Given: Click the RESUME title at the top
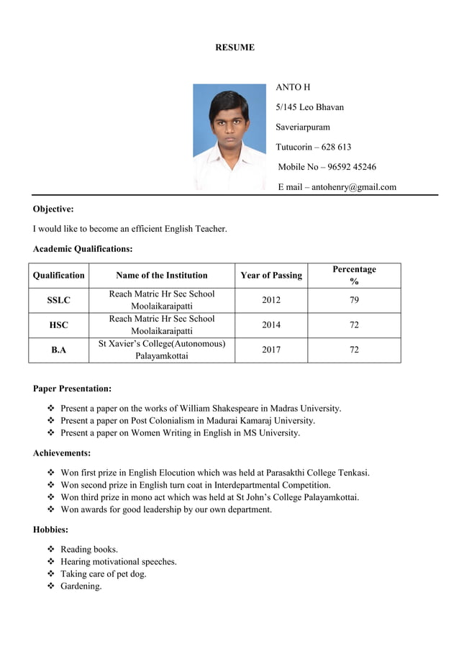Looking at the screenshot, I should [235, 47].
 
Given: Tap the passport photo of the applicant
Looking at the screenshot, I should [229, 137].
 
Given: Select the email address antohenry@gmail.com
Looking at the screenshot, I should [353, 187].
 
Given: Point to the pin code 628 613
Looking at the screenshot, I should [336, 147].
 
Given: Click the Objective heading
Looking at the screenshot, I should [53, 209].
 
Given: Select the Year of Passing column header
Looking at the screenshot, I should [271, 276].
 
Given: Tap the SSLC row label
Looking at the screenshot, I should [59, 300].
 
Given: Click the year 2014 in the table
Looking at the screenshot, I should [271, 325].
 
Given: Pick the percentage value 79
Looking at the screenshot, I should [354, 300].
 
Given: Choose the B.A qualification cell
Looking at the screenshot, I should [59, 350].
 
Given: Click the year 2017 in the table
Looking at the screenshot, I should [271, 350].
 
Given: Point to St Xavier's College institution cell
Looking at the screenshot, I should [162, 350].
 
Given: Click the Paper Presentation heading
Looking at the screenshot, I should [72, 389].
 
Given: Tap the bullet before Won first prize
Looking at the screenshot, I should [50, 473].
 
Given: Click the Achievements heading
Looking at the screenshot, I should [62, 453].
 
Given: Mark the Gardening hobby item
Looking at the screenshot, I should [81, 586].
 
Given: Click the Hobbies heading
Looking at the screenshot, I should [50, 530].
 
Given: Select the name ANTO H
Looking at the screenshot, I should [293, 87].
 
